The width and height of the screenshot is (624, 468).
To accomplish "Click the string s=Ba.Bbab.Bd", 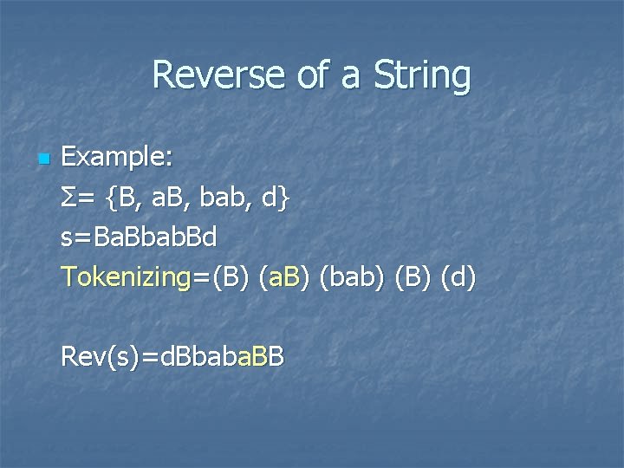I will (139, 237).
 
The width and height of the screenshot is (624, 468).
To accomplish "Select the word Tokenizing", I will (126, 277).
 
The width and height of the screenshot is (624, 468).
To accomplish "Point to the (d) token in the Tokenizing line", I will (458, 277).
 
